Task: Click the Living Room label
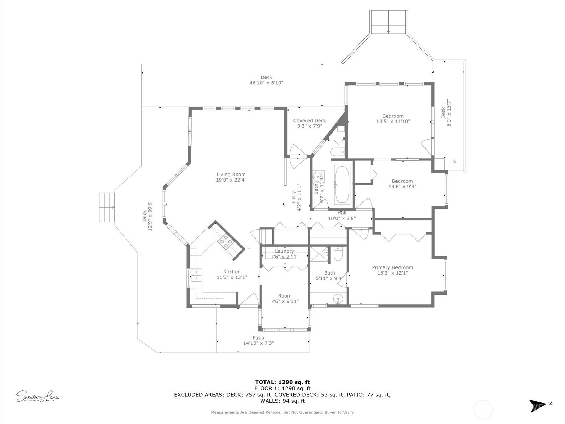click(x=231, y=174)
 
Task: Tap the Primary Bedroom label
click(x=392, y=267)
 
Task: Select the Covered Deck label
click(x=309, y=120)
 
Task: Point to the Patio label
click(x=258, y=337)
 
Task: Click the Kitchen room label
click(x=232, y=272)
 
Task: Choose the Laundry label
click(x=284, y=251)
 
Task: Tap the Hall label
click(x=342, y=213)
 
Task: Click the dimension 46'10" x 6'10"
click(x=266, y=83)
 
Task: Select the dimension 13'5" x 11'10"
click(x=393, y=121)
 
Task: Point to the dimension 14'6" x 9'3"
click(x=402, y=187)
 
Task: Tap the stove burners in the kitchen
click(x=226, y=242)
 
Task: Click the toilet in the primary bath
click(x=338, y=254)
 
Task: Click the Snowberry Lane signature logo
click(x=37, y=396)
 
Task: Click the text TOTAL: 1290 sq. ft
click(x=282, y=382)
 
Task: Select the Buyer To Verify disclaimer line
click(x=282, y=412)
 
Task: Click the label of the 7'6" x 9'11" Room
click(x=284, y=296)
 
